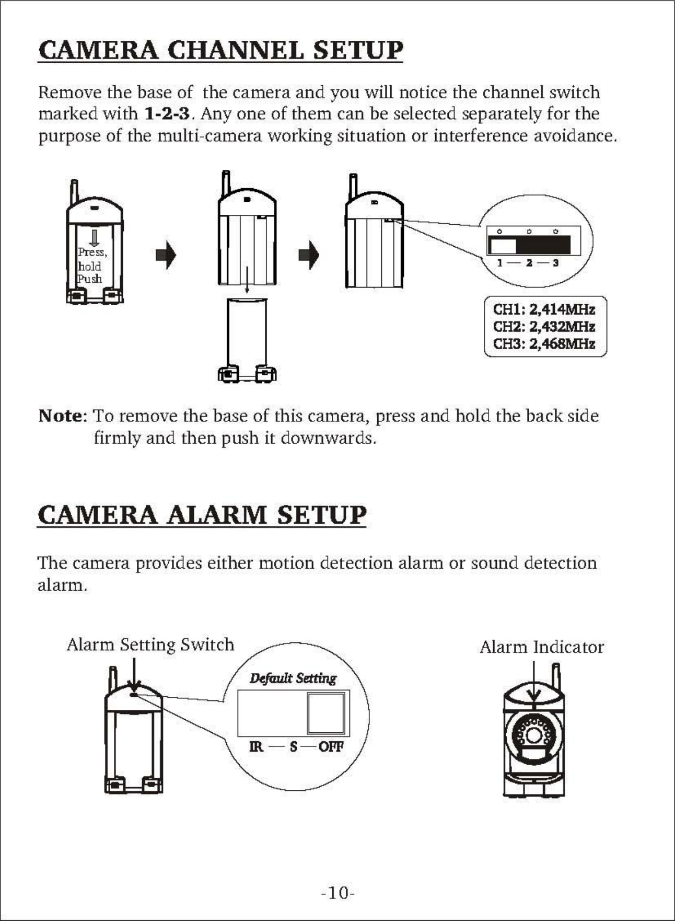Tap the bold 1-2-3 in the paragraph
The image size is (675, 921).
[x=166, y=114]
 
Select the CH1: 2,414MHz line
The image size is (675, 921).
[x=544, y=309]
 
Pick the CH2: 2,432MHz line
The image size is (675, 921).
[x=544, y=327]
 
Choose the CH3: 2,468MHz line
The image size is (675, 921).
[x=544, y=344]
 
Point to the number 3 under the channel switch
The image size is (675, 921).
[x=556, y=263]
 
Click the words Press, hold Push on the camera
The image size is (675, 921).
[x=91, y=266]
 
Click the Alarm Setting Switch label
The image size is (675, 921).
[x=150, y=644]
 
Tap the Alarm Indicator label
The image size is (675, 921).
[x=542, y=647]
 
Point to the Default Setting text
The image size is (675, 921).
[x=293, y=678]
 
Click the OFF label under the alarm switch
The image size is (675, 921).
[x=331, y=746]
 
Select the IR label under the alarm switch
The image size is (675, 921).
[x=256, y=746]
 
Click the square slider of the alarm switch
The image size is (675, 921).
[x=325, y=713]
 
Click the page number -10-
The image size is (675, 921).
[x=338, y=893]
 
